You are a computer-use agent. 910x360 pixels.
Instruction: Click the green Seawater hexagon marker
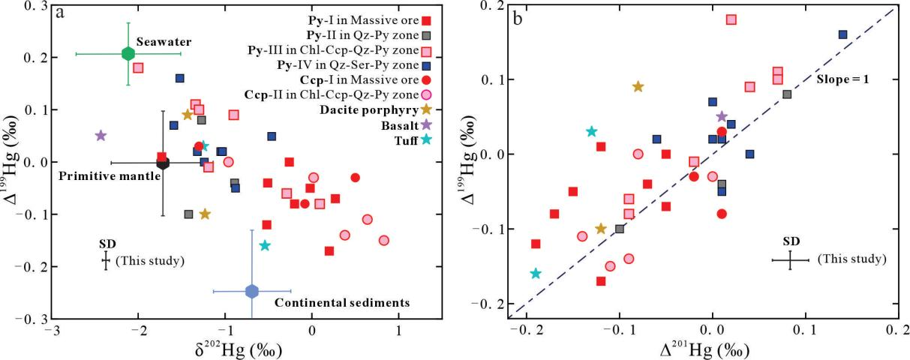(x=128, y=53)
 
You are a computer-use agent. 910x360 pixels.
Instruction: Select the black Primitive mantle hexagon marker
(x=163, y=163)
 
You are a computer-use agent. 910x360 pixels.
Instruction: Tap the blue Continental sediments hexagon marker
(x=252, y=291)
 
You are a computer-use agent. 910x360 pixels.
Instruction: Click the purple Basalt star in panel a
(x=101, y=136)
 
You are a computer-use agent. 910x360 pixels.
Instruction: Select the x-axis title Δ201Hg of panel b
(x=702, y=349)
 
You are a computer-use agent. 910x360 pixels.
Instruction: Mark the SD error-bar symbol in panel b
(x=790, y=260)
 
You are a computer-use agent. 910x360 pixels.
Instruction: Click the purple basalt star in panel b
(x=722, y=116)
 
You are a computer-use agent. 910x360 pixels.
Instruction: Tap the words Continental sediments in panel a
(x=342, y=303)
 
